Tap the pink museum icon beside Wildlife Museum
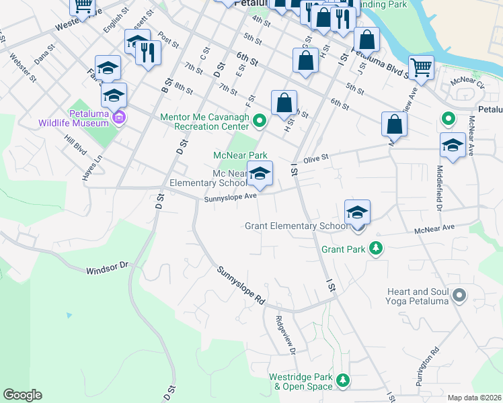point(119,119)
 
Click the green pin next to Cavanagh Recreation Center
point(260,121)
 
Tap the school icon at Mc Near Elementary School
point(260,174)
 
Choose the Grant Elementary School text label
point(296,226)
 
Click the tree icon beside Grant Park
point(377,249)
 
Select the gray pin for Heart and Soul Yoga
point(460,295)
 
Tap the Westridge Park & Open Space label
point(301,382)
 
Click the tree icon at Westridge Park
point(343,381)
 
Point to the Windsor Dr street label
point(107,268)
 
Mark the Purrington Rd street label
point(426,363)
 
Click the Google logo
point(22,395)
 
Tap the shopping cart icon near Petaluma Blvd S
point(421,66)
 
